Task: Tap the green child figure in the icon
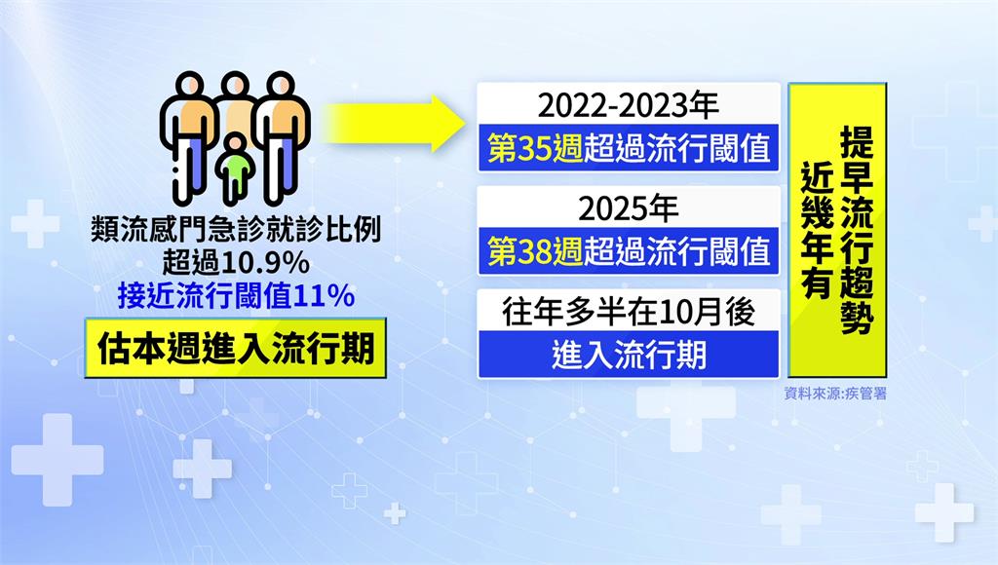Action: click(x=236, y=167)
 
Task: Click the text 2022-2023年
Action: click(x=629, y=105)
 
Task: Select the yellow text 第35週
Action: click(x=535, y=148)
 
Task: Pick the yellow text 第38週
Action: click(x=535, y=251)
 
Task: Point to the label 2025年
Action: click(x=629, y=208)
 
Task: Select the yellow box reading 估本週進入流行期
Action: click(x=236, y=348)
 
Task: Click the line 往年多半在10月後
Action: click(x=629, y=313)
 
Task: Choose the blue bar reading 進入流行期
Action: click(x=629, y=355)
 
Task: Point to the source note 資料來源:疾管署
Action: click(x=835, y=394)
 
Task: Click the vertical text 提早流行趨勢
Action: click(x=856, y=230)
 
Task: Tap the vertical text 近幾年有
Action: click(x=817, y=230)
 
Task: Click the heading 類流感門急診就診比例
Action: click(x=236, y=229)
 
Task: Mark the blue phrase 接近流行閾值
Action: click(x=205, y=296)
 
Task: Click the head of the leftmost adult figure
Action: click(x=189, y=86)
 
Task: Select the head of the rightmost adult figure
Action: click(x=281, y=86)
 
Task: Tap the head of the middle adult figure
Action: click(x=235, y=86)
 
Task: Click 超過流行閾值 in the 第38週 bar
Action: click(x=677, y=251)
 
